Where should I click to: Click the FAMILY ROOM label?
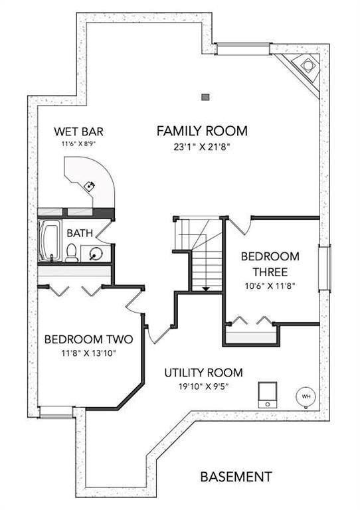point(202,131)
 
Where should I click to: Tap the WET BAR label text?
point(78,131)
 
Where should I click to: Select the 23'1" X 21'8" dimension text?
point(202,147)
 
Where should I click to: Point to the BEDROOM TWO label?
point(89,339)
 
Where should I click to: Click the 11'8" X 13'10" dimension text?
point(89,353)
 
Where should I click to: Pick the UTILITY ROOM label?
point(203,373)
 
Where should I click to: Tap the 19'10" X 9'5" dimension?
point(203,386)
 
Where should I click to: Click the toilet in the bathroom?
point(72,253)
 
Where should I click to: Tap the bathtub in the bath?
point(50,240)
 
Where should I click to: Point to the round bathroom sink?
point(95,254)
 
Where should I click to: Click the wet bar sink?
point(90,186)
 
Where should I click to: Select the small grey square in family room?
point(205,97)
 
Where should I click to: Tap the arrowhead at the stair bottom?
point(205,289)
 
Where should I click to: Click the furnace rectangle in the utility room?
point(268,394)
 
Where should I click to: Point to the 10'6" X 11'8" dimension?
point(270,286)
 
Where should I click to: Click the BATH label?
point(80,233)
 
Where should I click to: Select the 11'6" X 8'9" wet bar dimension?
point(78,143)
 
